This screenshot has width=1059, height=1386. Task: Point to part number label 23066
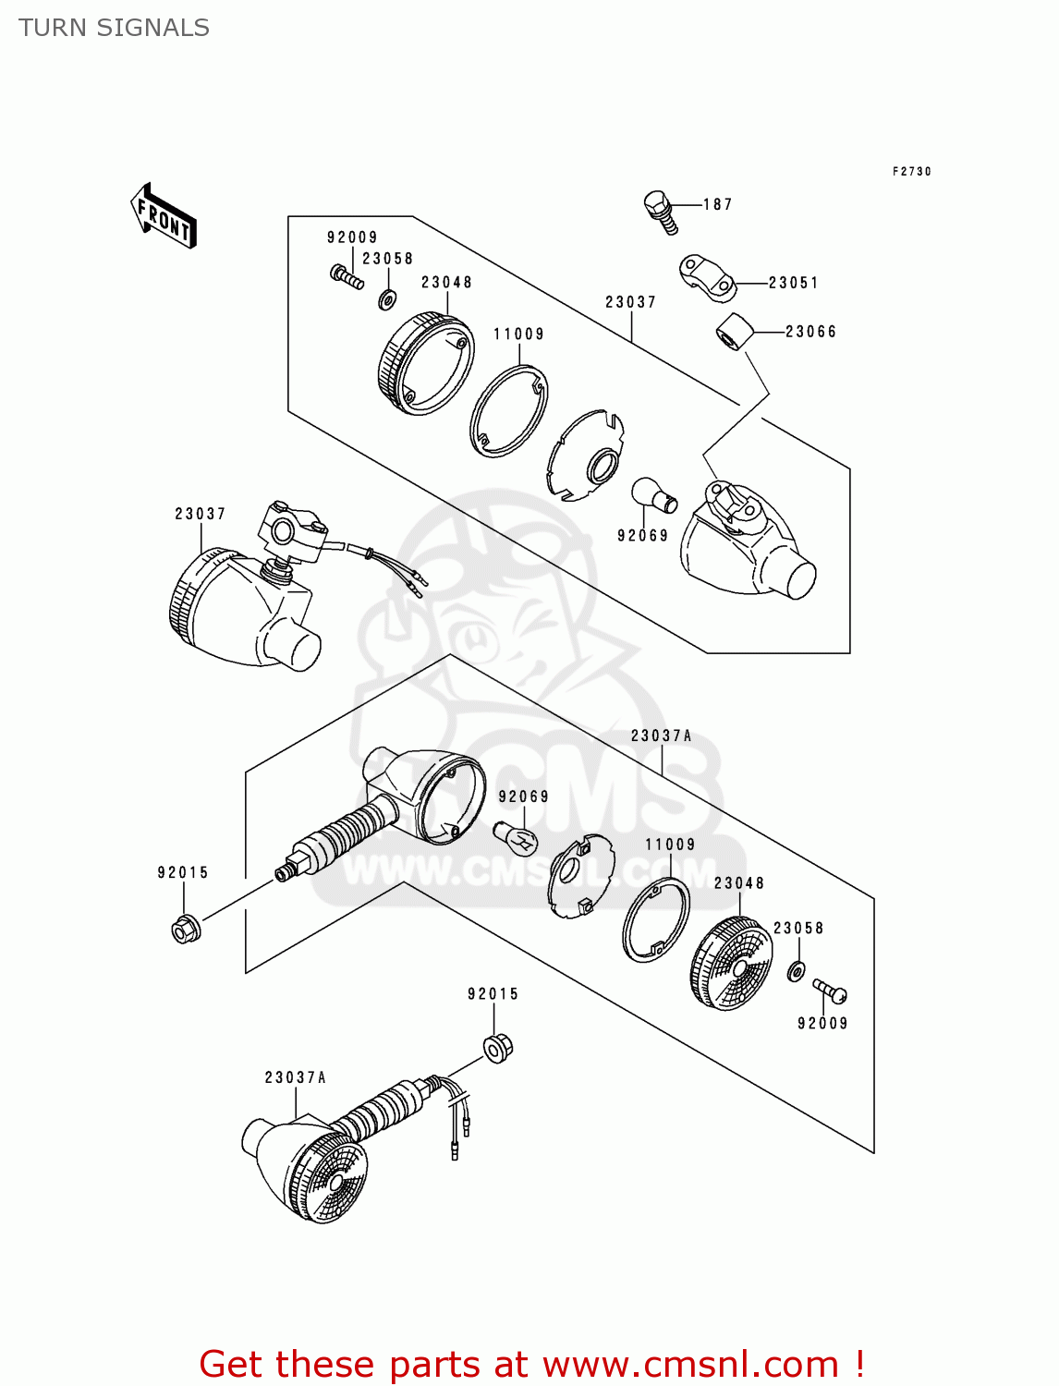[x=810, y=332]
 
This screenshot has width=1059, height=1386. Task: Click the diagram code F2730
[x=911, y=172]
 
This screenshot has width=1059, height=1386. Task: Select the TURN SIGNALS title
[x=114, y=28]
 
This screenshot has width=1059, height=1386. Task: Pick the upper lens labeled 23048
[x=426, y=363]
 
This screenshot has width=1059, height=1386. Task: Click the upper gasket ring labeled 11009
[x=509, y=411]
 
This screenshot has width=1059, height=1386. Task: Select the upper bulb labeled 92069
[x=654, y=496]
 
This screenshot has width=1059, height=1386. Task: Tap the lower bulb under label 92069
[x=515, y=837]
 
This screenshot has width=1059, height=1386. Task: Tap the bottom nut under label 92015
[x=498, y=1046]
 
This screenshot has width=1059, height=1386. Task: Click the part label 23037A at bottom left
[x=295, y=1077]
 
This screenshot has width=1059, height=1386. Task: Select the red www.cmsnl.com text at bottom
[x=690, y=1364]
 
